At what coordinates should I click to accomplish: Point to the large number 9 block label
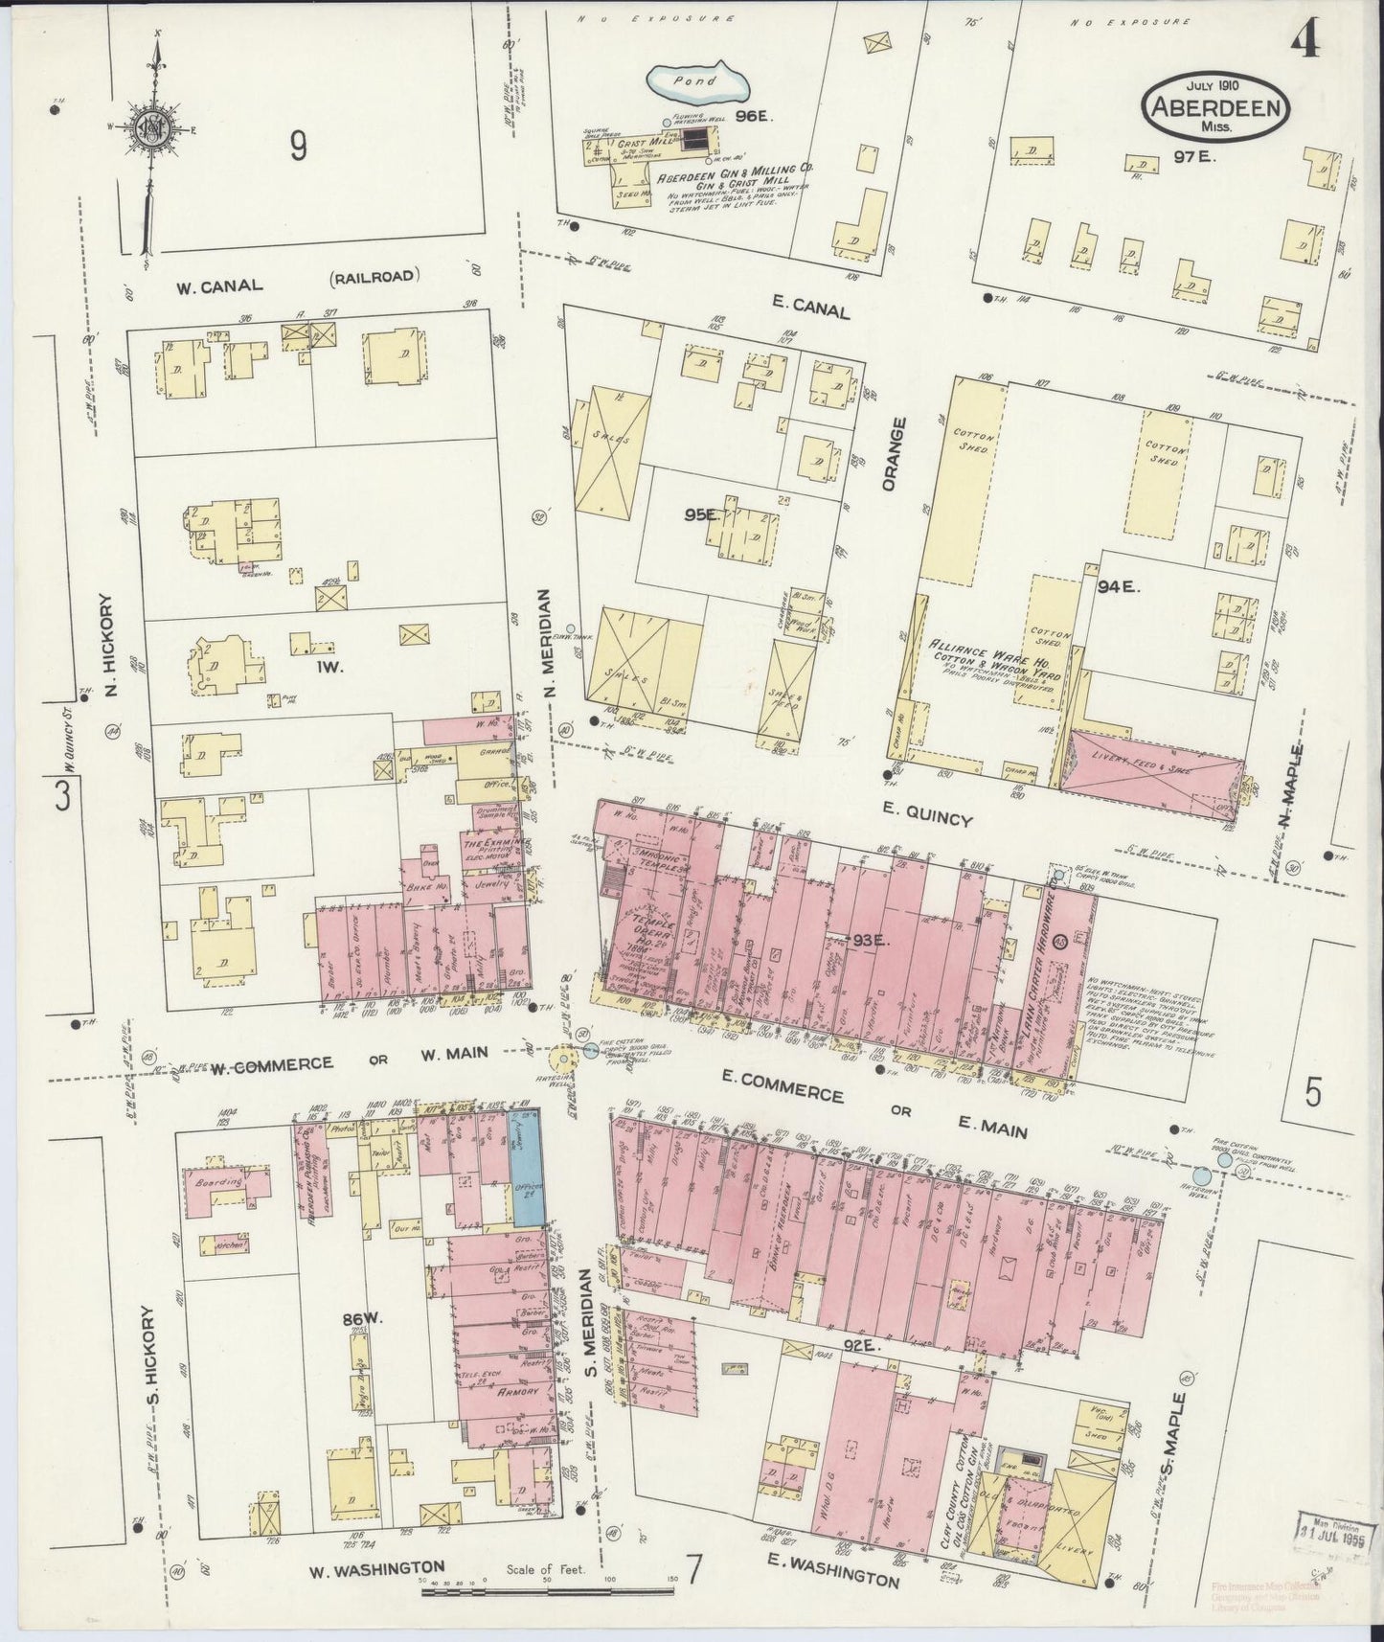299,147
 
